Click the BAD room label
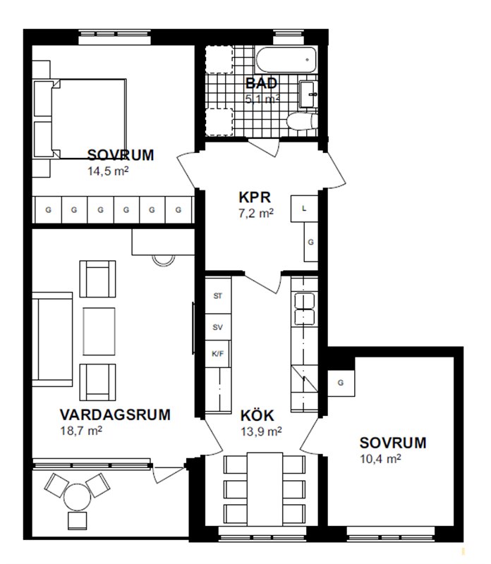[261, 83]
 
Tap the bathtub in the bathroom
[286, 60]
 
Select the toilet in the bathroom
[302, 121]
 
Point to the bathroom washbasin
[308, 94]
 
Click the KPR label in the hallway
[255, 197]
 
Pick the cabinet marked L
[304, 209]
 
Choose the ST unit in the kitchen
[218, 295]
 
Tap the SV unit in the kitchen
[218, 327]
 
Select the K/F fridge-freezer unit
[218, 354]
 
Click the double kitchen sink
[305, 309]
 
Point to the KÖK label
[257, 415]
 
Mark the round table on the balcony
[77, 498]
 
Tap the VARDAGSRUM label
[115, 415]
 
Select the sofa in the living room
[52, 339]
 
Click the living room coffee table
[99, 331]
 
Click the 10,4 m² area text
[380, 459]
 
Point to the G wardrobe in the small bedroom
[341, 383]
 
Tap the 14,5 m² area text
[108, 171]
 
